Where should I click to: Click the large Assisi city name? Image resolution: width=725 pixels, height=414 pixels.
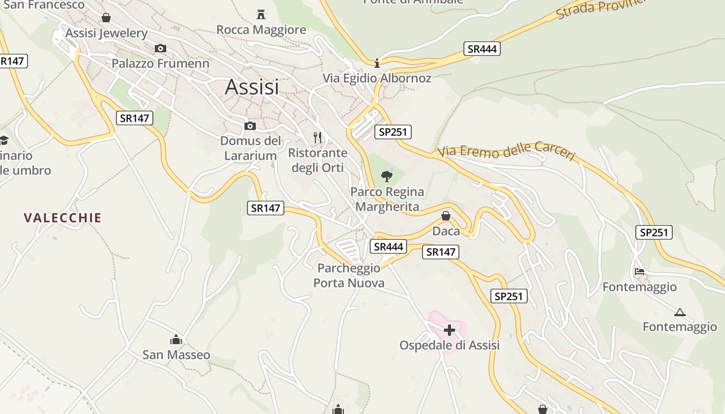252,87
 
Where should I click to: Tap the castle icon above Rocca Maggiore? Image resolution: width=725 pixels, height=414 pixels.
261,14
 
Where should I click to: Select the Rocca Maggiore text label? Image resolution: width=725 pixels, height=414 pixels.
261,30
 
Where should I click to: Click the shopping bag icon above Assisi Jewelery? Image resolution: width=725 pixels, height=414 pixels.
106,18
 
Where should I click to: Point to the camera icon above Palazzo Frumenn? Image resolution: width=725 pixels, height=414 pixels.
161,48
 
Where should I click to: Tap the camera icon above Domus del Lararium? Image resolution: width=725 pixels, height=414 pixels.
250,126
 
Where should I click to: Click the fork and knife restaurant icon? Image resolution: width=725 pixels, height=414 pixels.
317,138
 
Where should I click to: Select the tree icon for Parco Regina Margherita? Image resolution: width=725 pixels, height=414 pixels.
386,176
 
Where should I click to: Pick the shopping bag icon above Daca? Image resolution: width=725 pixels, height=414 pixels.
445,216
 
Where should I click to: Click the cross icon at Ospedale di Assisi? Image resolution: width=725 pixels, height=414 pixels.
449,330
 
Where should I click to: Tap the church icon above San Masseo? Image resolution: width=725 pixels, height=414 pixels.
176,340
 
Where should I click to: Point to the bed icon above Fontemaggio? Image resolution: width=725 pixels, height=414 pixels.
640,272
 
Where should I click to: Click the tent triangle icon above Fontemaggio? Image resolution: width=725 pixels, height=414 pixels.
679,312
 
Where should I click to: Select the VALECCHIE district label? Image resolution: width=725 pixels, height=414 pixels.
63,218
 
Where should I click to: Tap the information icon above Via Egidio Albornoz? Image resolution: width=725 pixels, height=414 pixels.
377,64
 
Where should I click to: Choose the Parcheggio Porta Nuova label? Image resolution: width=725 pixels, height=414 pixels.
349,275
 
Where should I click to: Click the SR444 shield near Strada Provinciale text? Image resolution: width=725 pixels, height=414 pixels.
482,49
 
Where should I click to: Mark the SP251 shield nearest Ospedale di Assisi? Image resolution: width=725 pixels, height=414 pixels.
509,296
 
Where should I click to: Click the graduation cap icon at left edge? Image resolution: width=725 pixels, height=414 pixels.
4,140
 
